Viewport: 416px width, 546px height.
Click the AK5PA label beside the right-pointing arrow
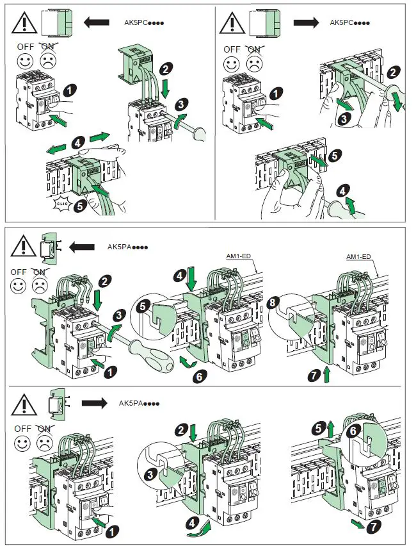pos(139,404)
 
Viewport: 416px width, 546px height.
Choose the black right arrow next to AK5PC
pos(306,23)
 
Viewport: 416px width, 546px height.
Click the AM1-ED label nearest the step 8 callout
pos(359,256)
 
